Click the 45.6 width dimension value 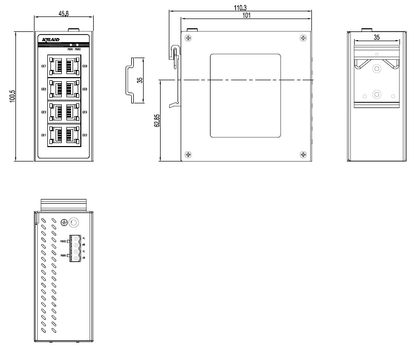pyautogui.click(x=64, y=14)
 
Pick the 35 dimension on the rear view pyautogui.click(x=377, y=38)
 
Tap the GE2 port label pyautogui.click(x=84, y=135)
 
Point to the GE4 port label pyautogui.click(x=84, y=112)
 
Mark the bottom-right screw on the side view pyautogui.click(x=303, y=154)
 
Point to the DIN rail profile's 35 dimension pyautogui.click(x=139, y=80)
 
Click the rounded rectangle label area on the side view pyautogui.click(x=246, y=96)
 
